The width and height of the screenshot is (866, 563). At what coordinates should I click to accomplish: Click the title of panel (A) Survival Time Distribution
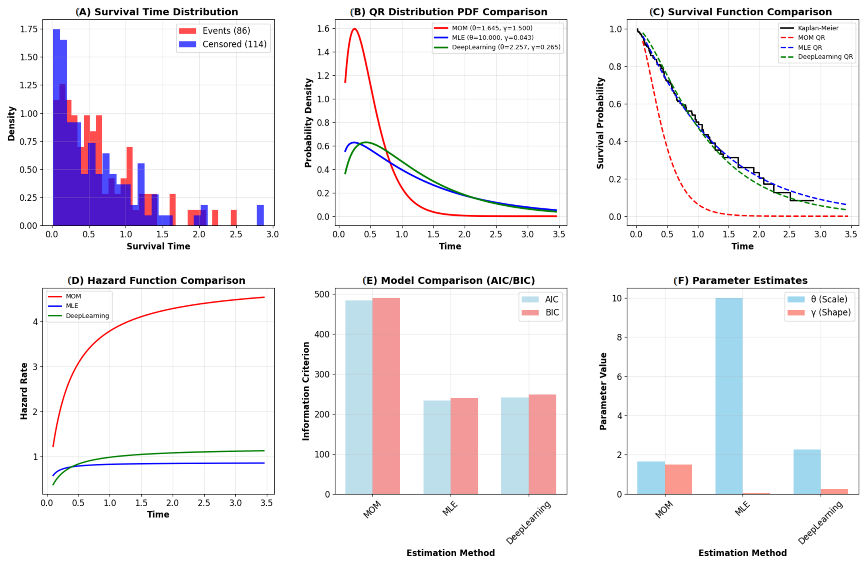point(157,12)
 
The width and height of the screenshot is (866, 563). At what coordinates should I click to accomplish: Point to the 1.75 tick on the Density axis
point(29,29)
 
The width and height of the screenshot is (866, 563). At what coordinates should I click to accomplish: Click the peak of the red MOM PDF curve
point(355,29)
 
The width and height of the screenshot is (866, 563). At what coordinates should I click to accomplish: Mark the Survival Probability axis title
point(600,123)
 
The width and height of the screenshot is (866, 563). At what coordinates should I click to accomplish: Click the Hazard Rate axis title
point(24,391)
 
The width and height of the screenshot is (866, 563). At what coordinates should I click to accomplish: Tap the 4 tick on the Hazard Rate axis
point(35,322)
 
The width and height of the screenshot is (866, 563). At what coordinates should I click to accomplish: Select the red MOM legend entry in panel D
point(65,296)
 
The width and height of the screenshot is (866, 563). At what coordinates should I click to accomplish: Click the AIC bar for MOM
point(359,397)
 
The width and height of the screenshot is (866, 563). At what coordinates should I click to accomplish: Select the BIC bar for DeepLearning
point(542,444)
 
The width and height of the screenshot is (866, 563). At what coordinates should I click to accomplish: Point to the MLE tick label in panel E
point(450,508)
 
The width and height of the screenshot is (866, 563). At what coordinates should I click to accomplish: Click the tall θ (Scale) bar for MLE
point(729,396)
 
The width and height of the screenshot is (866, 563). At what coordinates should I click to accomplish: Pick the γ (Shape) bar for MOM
point(678,479)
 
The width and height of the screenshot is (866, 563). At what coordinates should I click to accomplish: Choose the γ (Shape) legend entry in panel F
point(819,313)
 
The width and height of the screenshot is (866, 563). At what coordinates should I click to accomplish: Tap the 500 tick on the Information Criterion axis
point(321,294)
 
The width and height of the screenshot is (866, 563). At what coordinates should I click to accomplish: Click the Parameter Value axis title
point(603,391)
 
